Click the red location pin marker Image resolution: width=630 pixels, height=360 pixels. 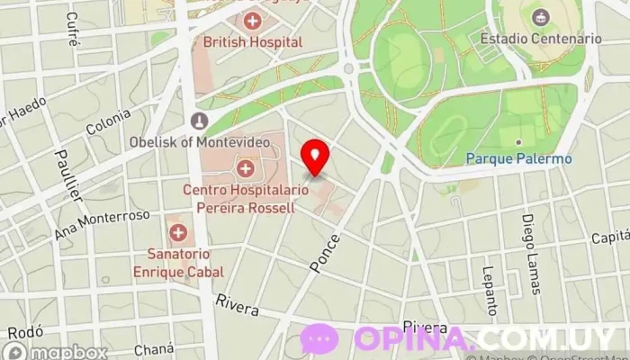(x=315, y=156)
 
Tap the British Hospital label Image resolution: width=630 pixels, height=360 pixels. (x=252, y=40)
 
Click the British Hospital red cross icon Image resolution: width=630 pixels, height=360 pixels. (x=253, y=21)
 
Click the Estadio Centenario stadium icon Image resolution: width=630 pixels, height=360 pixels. (x=540, y=17)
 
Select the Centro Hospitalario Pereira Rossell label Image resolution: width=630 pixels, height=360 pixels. (x=238, y=198)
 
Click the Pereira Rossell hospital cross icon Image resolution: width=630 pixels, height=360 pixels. (x=244, y=167)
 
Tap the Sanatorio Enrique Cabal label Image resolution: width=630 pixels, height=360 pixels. (x=178, y=263)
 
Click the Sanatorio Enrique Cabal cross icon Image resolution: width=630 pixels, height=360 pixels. (x=178, y=233)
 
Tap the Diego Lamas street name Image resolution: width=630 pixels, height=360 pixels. (x=532, y=255)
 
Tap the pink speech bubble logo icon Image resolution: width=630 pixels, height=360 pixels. (x=319, y=338)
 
